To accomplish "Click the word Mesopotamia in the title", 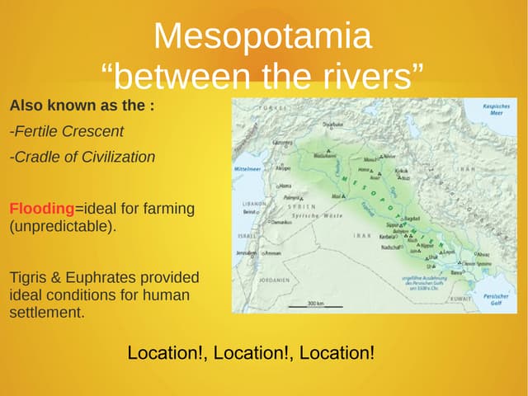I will pos(262,37).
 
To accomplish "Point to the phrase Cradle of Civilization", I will pos(82,157).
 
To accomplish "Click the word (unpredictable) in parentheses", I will pos(62,225).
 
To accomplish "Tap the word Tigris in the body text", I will pos(30,278).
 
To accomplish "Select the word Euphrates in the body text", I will pos(92,278).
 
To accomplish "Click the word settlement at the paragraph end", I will pos(46,313).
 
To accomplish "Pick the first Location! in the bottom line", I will pos(167,353).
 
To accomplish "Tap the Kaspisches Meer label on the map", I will pos(496,109).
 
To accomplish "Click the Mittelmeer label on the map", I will pos(247,169).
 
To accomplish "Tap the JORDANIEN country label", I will pos(274,279).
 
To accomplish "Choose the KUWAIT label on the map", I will pos(460,298).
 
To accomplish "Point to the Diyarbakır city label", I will pos(332,123).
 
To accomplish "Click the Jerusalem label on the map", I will pos(247,252).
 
